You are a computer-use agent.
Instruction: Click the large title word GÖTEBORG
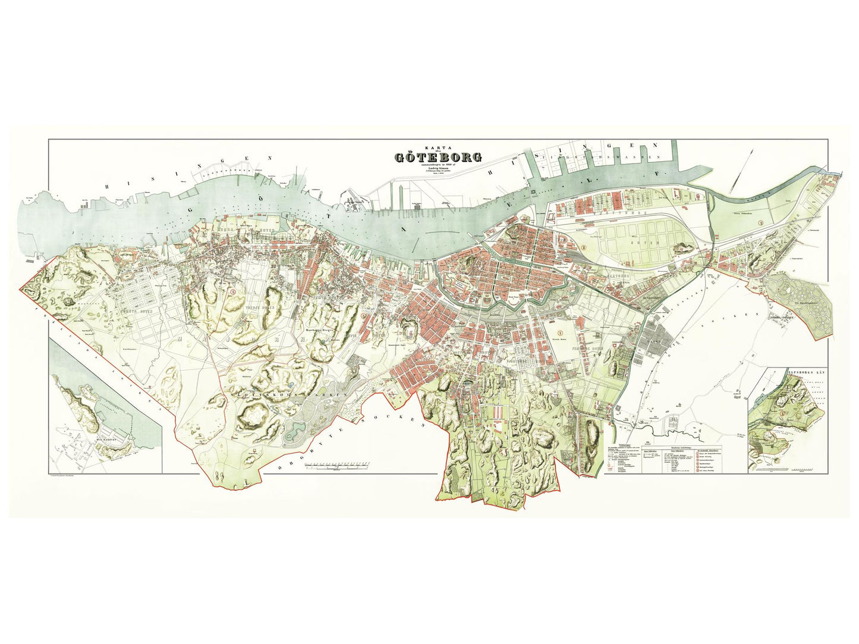point(439,158)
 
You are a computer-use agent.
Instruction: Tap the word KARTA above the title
point(438,147)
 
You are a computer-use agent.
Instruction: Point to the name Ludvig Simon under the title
point(439,169)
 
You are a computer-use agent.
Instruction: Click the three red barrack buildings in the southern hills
point(497,411)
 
